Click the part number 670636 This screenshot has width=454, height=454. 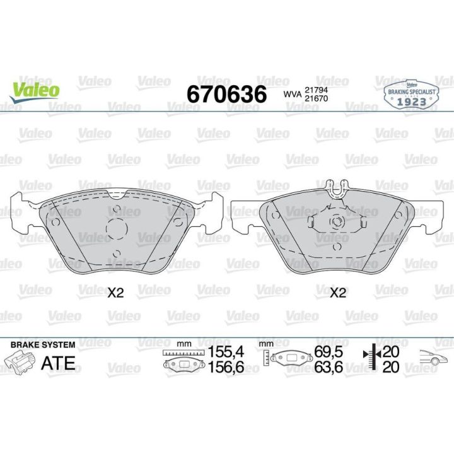point(227,94)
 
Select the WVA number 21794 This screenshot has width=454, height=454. point(316,90)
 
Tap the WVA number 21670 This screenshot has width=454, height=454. point(316,98)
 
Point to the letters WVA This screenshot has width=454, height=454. point(292,95)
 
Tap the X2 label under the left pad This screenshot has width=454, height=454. point(115,293)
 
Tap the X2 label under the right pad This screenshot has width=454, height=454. point(338,293)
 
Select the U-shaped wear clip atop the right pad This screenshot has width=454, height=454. point(336,189)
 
